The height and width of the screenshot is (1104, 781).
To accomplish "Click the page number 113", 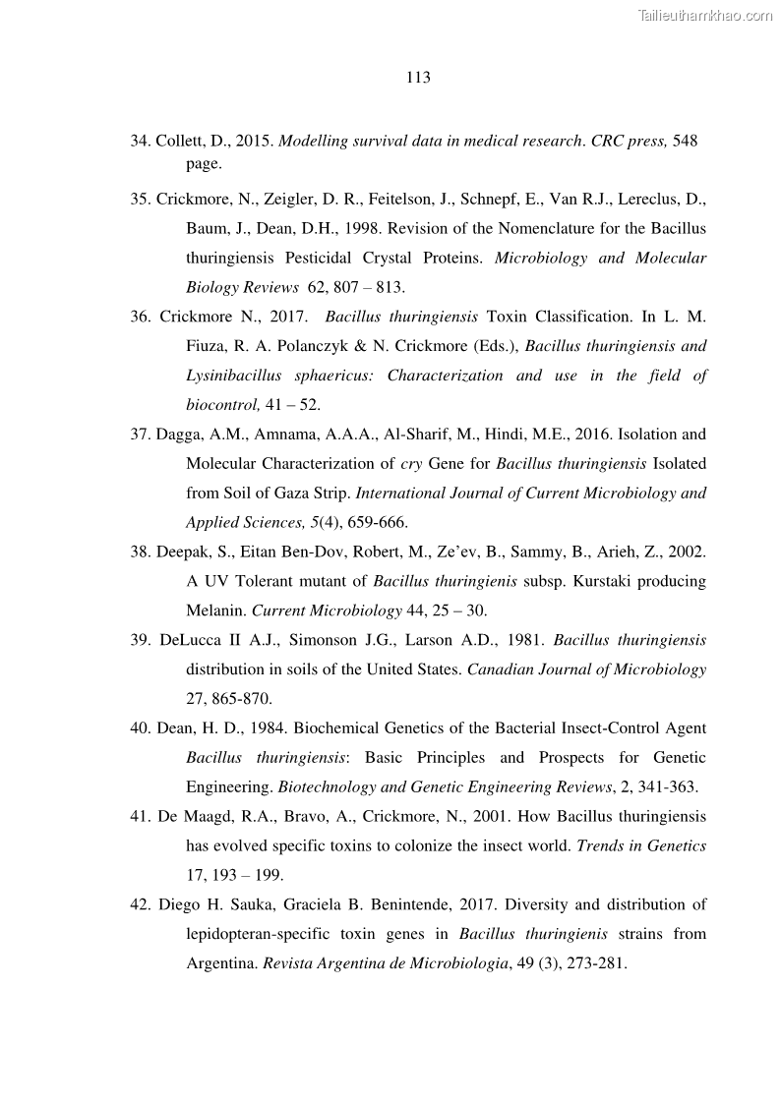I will [418, 78].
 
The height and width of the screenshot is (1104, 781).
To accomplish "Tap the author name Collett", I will [180, 141].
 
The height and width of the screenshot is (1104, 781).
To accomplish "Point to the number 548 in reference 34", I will [686, 141].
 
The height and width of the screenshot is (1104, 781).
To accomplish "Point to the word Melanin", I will [216, 610].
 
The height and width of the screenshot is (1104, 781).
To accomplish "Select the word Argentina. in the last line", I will [222, 963].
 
